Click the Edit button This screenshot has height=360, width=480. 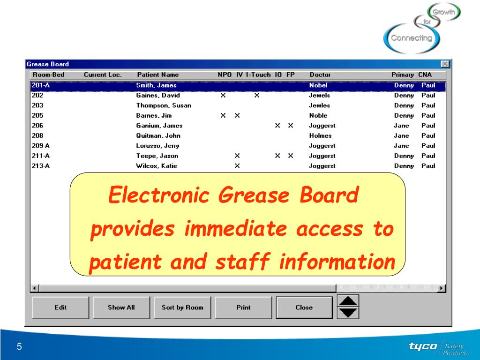tap(60, 307)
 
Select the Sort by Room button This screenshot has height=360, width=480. tap(182, 307)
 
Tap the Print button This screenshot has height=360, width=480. tap(243, 307)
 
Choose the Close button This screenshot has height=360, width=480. tap(304, 307)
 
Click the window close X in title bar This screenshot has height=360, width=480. tap(445, 64)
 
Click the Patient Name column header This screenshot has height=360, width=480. tap(157, 75)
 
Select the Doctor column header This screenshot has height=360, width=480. tap(320, 75)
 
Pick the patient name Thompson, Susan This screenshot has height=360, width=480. tap(164, 105)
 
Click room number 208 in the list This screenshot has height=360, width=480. tap(37, 135)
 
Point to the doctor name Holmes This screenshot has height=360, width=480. tap(320, 135)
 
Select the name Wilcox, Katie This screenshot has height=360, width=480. tap(157, 166)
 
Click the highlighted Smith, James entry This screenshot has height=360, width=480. tap(156, 85)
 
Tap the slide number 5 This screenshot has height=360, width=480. tap(19, 347)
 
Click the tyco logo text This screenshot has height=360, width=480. tap(423, 346)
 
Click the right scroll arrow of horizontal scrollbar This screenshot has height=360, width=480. tap(441, 288)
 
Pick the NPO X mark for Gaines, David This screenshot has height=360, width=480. tap(223, 96)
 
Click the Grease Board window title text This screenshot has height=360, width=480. tap(48, 64)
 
